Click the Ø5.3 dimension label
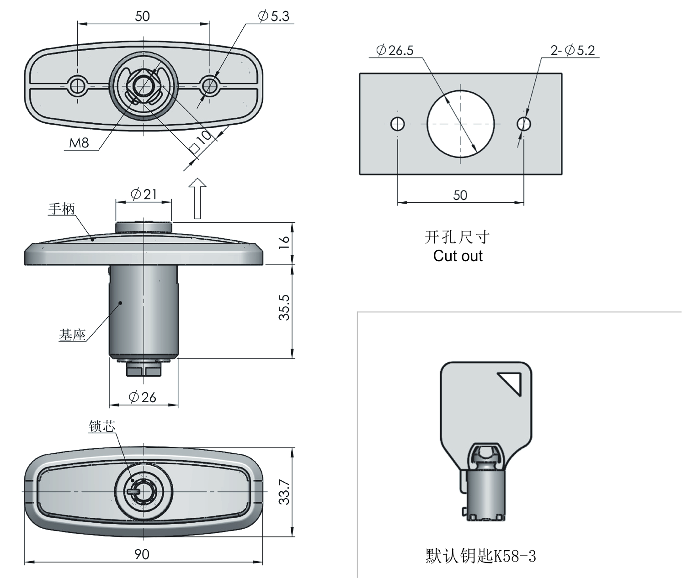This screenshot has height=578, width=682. (274, 16)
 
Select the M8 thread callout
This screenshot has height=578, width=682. (79, 143)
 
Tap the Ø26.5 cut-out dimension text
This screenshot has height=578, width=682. (394, 50)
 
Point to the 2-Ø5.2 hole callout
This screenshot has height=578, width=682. (573, 50)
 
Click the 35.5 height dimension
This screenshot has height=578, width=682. (284, 307)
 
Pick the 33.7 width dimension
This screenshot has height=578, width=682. (284, 492)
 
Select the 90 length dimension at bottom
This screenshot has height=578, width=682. (142, 554)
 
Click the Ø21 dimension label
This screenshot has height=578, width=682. (144, 194)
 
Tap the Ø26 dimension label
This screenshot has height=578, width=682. (143, 397)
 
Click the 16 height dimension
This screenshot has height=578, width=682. (284, 242)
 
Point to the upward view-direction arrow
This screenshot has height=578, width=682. (197, 199)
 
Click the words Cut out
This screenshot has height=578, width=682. (458, 256)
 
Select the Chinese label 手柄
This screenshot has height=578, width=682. (62, 209)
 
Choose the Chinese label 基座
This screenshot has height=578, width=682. (72, 336)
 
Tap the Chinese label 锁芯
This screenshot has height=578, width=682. (102, 426)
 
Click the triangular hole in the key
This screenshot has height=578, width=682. (511, 382)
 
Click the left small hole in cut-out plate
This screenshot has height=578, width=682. (398, 124)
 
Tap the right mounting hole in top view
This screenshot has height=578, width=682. (210, 85)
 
